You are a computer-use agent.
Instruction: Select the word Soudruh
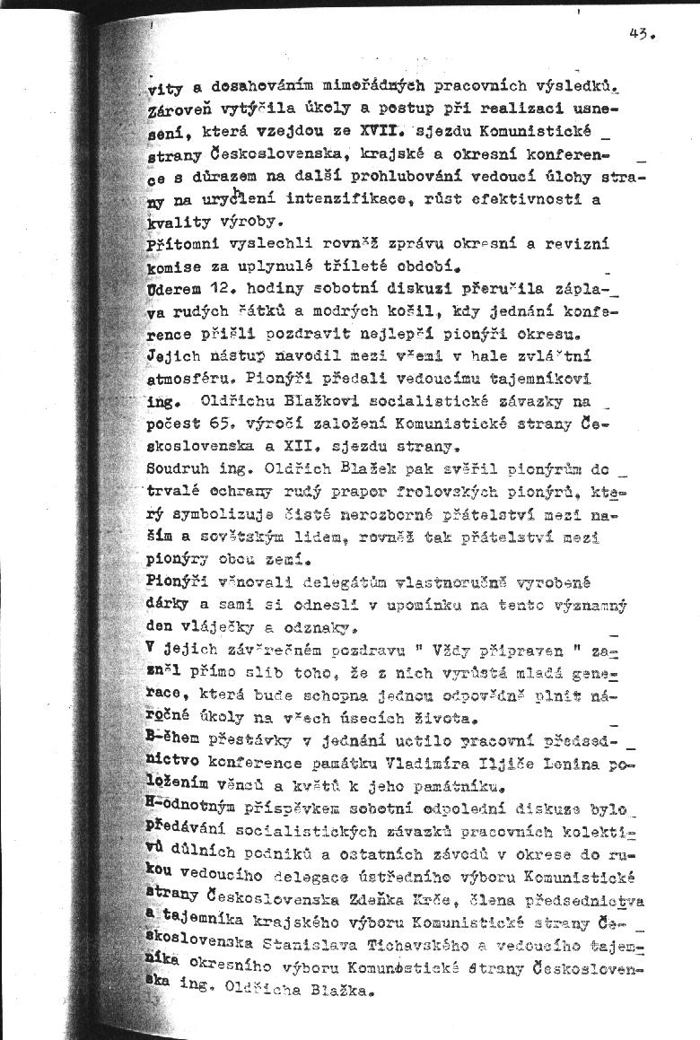[x=178, y=468]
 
